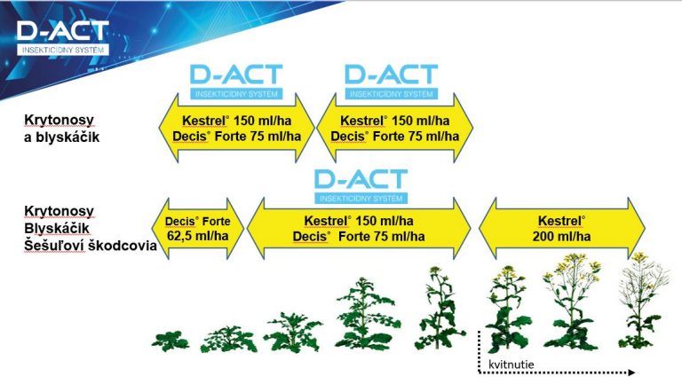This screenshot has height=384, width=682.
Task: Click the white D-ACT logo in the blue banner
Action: tap(63, 38)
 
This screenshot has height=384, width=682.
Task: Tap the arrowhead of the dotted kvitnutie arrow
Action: tap(631, 372)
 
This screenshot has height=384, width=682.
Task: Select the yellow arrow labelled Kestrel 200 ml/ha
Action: tap(561, 229)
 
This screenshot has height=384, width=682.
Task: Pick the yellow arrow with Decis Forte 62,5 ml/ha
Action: tap(197, 229)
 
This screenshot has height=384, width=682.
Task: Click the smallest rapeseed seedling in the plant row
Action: tap(170, 341)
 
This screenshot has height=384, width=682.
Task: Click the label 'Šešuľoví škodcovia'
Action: tap(90, 246)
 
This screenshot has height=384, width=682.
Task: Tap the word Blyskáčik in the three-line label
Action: tap(57, 228)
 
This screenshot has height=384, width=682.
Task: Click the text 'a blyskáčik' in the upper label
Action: tap(61, 137)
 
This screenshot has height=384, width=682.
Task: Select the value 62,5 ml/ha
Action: tap(197, 236)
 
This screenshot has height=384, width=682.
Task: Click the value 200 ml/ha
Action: tap(561, 236)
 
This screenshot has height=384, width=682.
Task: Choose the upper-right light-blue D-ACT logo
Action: tap(391, 82)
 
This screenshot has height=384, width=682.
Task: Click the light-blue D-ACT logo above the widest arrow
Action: tap(361, 186)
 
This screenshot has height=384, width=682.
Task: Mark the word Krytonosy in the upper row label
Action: tap(59, 120)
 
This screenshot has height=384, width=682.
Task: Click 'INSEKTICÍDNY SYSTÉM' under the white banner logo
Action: tap(63, 50)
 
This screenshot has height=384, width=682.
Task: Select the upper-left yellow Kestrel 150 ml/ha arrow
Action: tap(236, 128)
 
